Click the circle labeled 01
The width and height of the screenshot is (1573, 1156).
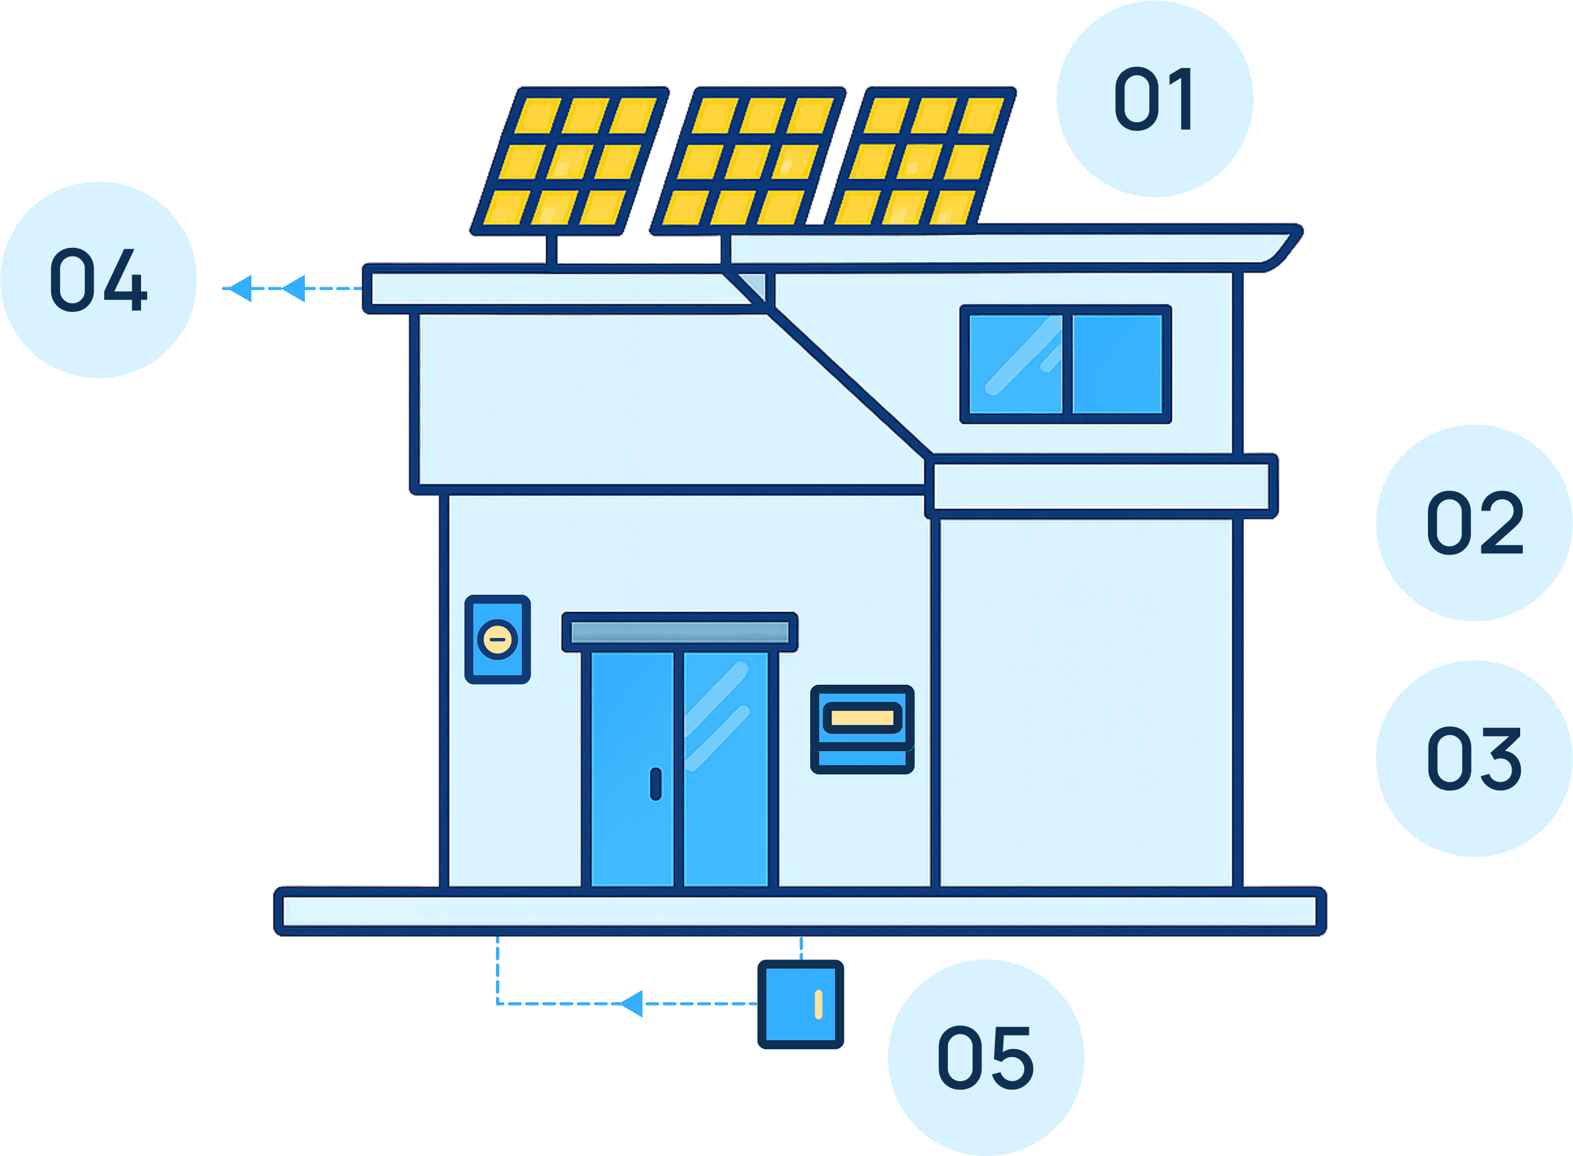1155,99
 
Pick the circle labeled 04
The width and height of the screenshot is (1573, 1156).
99,280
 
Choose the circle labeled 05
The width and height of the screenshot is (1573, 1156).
985,1057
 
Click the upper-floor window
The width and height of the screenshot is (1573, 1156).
1065,364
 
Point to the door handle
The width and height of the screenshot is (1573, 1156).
656,784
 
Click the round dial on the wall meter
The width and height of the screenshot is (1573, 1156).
498,639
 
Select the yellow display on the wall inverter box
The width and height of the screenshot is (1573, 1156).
862,718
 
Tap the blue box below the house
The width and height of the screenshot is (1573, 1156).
800,1005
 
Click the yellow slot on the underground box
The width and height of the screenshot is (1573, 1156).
818,1005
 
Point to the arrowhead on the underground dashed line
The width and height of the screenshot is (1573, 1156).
632,1004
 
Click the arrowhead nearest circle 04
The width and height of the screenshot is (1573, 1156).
240,288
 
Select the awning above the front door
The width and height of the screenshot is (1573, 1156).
680,633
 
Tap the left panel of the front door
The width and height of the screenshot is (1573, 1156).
632,770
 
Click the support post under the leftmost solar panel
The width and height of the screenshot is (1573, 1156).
552,249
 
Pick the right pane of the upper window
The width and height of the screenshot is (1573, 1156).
1116,364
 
